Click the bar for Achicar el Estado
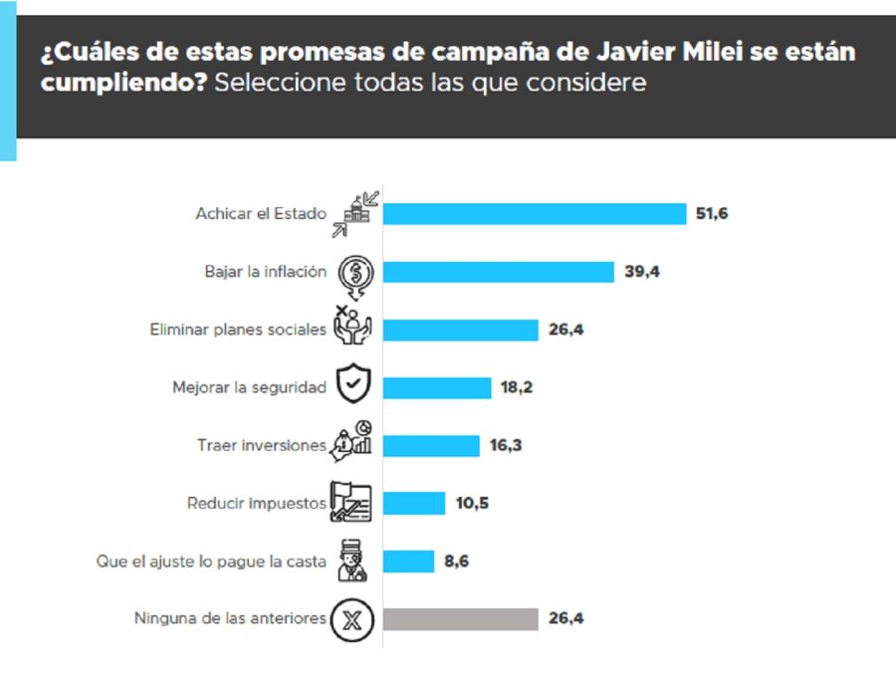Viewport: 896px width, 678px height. coord(535,214)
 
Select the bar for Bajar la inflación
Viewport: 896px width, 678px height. coord(498,272)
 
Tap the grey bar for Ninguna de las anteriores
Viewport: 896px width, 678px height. coord(460,618)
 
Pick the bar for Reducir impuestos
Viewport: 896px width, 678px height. coord(414,503)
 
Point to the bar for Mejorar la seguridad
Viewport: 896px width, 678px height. coord(437,387)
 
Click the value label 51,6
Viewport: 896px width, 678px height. coord(712,214)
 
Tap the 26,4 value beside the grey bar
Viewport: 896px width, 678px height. coord(565,618)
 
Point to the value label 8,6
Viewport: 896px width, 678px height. coord(456,561)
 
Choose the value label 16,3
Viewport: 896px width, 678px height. coord(505,445)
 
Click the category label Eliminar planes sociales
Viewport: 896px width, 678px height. coord(237,330)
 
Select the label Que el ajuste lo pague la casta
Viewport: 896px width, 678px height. coord(211,561)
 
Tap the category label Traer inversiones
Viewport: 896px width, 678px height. coord(261,445)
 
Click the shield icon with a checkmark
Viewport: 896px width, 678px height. coord(353,386)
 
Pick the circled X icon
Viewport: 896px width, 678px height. coord(353,619)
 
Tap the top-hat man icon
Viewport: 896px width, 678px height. coord(353,561)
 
